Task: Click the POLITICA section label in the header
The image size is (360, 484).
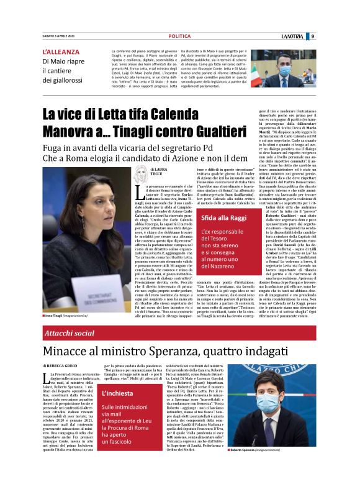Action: coord(179,36)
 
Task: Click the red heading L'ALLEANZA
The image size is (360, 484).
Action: coord(61,52)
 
